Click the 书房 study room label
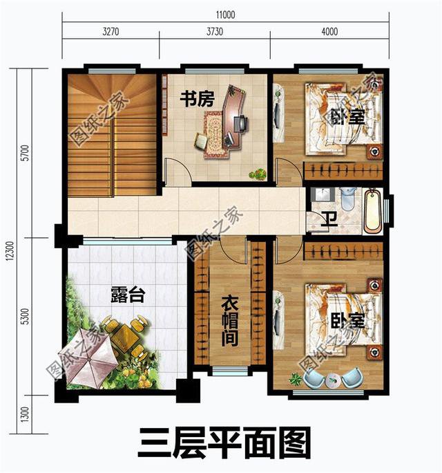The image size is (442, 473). point(198,99)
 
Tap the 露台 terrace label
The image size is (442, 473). point(128,295)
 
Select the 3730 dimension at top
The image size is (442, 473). point(215,30)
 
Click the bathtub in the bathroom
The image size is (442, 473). point(372,210)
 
